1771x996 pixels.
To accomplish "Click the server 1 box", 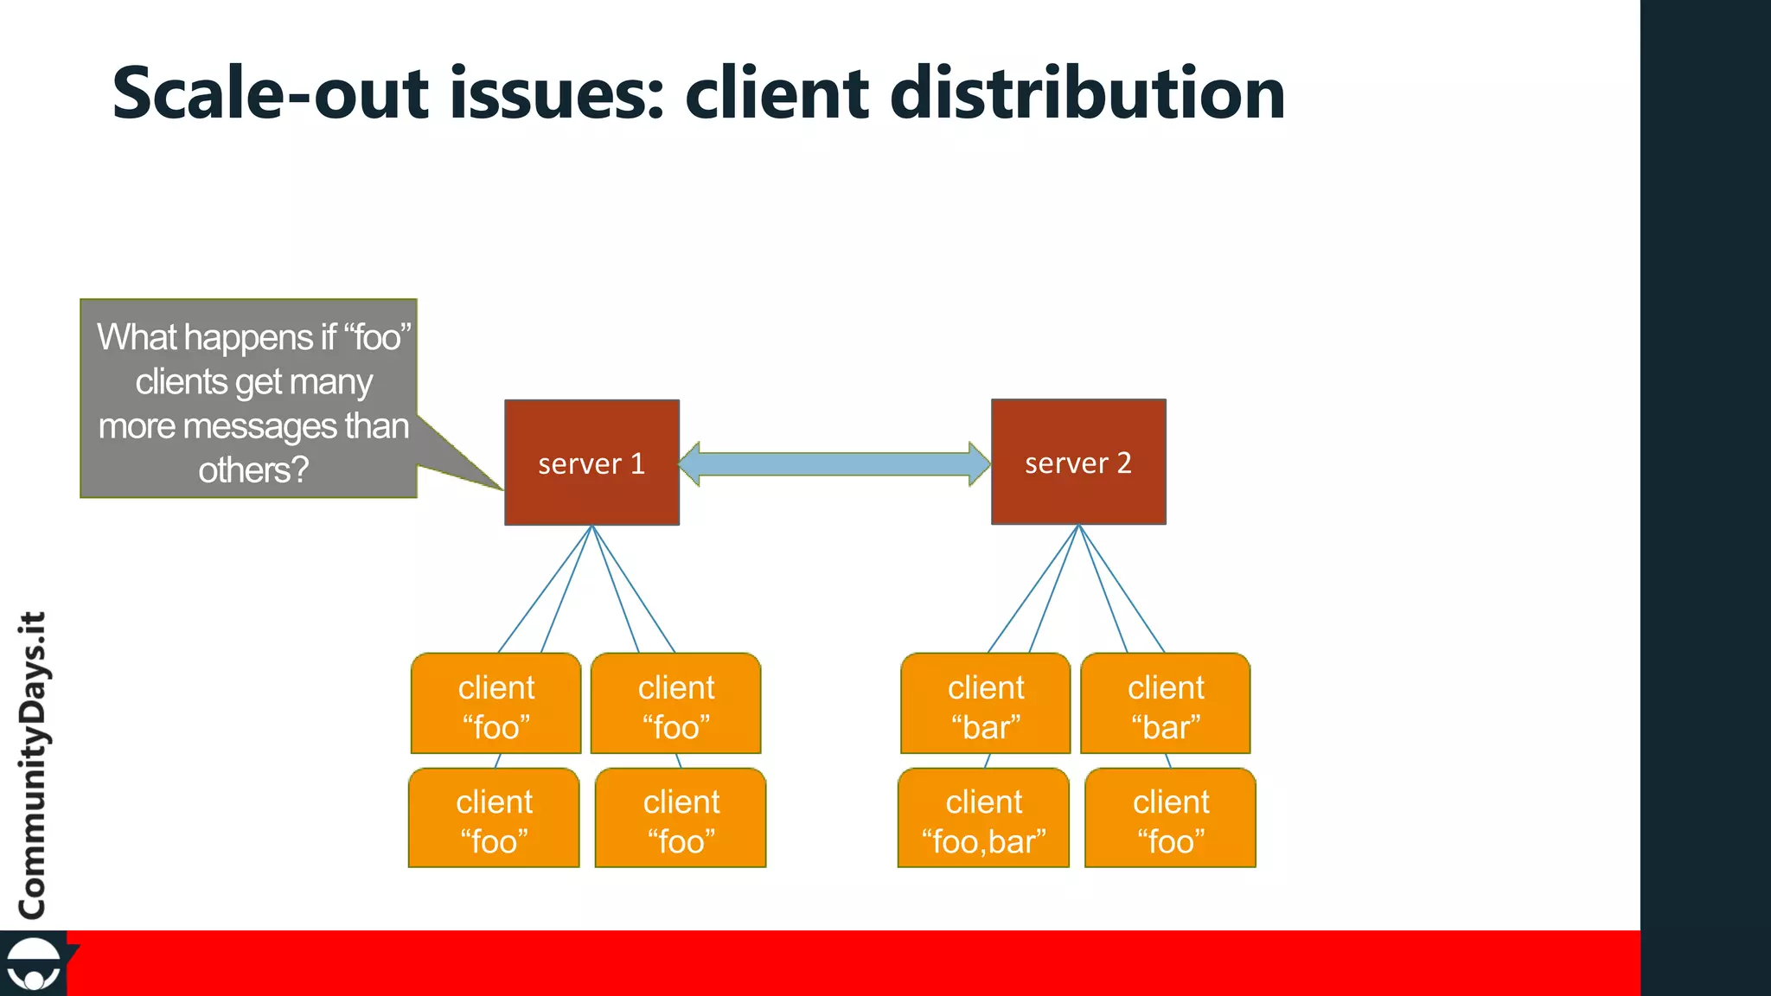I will pos(591,463).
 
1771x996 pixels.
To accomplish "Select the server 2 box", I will pos(1078,462).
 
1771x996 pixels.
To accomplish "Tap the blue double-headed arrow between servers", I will pos(834,464).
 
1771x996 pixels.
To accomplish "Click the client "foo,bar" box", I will pos(984,819).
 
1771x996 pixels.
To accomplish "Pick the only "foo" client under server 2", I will pos(1170,819).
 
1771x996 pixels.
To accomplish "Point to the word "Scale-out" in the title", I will pos(270,93).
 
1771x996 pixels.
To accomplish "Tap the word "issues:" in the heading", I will pos(557,93).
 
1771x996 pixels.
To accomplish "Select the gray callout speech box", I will pos(249,399).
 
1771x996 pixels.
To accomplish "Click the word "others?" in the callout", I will pos(253,470).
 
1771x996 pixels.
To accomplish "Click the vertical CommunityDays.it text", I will pos(33,764).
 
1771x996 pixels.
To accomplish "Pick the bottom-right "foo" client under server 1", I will pos(681,819).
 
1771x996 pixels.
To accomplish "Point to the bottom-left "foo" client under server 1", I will pos(494,819).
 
